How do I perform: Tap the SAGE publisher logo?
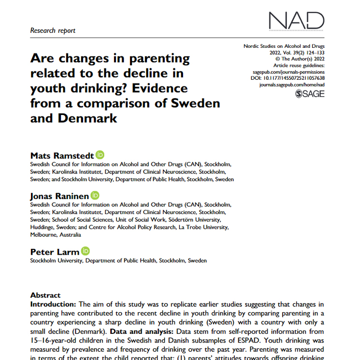click(309, 93)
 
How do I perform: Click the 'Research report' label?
click(53, 30)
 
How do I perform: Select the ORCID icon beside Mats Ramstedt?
click(100, 155)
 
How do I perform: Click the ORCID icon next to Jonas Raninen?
click(95, 195)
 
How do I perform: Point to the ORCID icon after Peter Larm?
click(86, 251)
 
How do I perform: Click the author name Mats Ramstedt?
click(62, 156)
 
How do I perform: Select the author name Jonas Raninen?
click(60, 196)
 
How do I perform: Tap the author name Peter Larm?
click(55, 252)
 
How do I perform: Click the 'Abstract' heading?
click(45, 295)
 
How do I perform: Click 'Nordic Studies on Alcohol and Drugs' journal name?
click(284, 46)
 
